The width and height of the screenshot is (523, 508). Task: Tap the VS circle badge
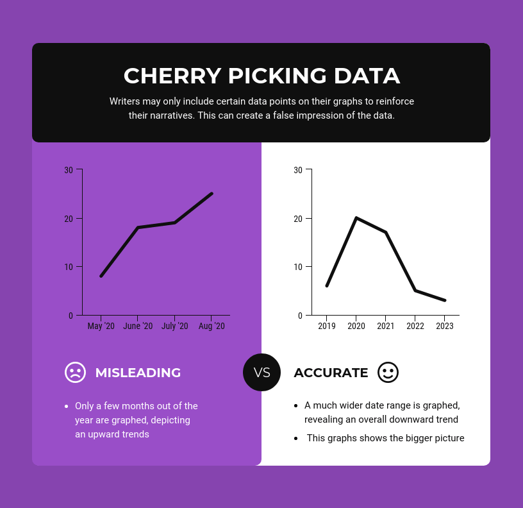(261, 372)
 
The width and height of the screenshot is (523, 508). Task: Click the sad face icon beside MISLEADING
(75, 372)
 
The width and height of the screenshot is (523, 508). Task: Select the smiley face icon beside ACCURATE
(388, 372)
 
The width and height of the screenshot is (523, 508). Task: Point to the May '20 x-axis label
(101, 326)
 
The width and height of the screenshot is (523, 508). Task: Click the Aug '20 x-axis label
(212, 326)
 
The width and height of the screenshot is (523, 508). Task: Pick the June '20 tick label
(138, 326)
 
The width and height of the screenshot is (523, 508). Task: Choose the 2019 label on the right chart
(326, 326)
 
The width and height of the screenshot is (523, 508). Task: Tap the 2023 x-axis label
(444, 326)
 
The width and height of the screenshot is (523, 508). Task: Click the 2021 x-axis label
(385, 326)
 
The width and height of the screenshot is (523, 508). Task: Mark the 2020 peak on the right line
(356, 218)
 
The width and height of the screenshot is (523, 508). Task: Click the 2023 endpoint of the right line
(444, 300)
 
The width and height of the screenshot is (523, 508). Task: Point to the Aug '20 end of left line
(212, 194)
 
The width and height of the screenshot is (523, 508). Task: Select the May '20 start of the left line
(101, 276)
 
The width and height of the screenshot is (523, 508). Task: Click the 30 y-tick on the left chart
(69, 170)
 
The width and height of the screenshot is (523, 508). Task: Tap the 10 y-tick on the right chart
(298, 267)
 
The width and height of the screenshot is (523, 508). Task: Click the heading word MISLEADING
(138, 373)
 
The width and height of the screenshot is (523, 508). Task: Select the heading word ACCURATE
(331, 373)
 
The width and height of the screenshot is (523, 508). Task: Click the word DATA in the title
(367, 76)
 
